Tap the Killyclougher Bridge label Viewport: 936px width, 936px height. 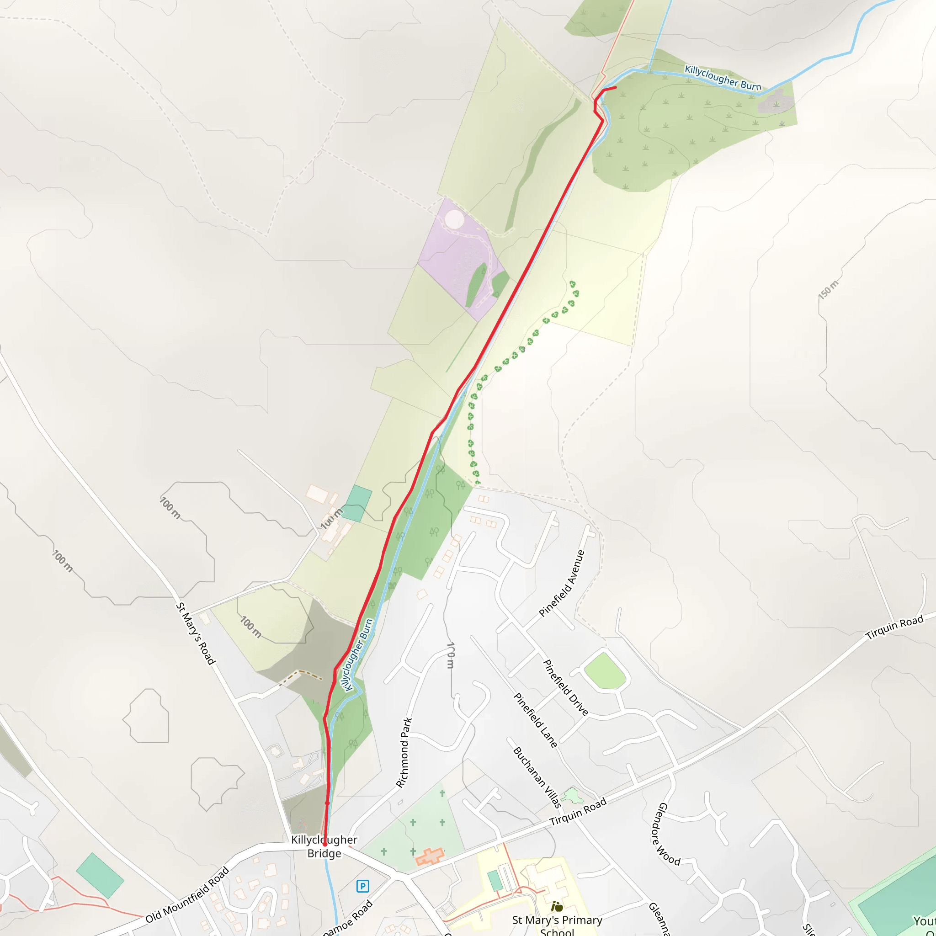(x=324, y=846)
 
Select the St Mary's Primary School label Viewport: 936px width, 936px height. (x=557, y=925)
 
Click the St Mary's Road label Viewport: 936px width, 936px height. (x=195, y=633)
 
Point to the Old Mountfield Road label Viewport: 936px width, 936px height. (x=187, y=895)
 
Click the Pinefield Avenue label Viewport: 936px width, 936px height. (x=562, y=583)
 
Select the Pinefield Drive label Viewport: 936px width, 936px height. (x=565, y=687)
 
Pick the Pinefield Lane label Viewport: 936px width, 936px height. (x=535, y=720)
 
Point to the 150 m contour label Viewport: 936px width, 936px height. (x=828, y=290)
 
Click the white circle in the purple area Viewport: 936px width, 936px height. (x=454, y=219)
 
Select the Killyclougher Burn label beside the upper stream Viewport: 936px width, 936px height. (x=723, y=78)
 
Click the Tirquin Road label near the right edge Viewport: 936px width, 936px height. (x=894, y=628)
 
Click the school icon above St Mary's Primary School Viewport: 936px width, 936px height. (x=557, y=906)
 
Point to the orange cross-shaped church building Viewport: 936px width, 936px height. (x=430, y=856)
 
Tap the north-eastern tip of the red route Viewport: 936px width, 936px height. (x=615, y=87)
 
